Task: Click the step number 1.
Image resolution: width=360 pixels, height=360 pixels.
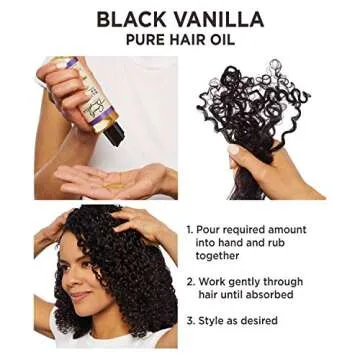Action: click(x=190, y=230)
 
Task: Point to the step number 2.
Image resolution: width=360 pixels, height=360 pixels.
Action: click(x=190, y=282)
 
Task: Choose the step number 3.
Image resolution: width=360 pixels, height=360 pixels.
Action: click(x=190, y=321)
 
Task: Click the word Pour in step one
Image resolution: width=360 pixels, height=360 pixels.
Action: click(x=212, y=230)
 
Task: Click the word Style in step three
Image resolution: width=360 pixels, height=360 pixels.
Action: click(x=215, y=321)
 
